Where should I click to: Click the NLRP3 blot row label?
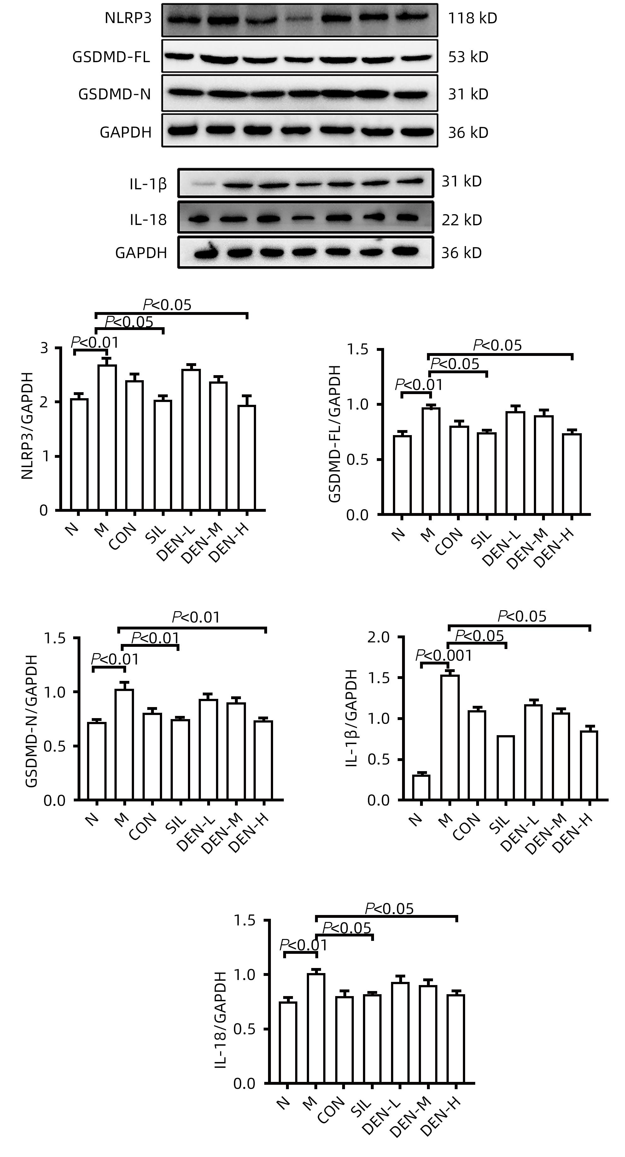(128, 18)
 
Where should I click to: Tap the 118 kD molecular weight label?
(472, 18)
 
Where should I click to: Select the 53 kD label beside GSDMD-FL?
(468, 57)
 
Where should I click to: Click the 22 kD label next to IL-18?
(462, 220)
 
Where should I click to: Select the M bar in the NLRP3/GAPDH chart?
(107, 438)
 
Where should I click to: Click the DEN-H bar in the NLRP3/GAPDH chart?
(247, 458)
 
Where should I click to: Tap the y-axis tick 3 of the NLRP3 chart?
(44, 348)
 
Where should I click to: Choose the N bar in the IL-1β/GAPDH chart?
(421, 787)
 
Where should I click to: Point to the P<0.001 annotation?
(444, 656)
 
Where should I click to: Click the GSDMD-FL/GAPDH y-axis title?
(335, 434)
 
